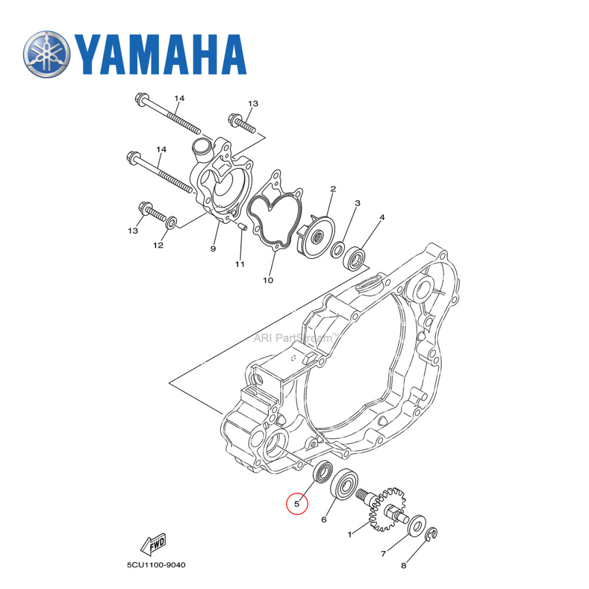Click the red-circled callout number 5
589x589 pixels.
click(x=297, y=504)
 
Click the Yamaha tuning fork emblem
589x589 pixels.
click(x=47, y=54)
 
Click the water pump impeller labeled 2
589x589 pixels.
click(x=316, y=236)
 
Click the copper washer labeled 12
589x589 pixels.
click(x=171, y=223)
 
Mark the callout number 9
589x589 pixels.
click(x=213, y=249)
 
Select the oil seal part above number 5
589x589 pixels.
click(x=322, y=472)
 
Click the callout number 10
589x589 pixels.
click(x=268, y=280)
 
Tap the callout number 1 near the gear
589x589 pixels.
click(x=350, y=534)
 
